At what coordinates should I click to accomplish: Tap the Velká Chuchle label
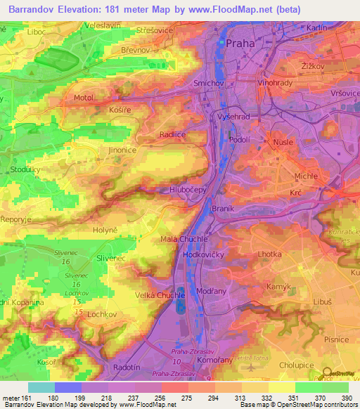160,295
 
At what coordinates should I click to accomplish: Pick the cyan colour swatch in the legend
41,387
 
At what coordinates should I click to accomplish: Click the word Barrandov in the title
34,10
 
